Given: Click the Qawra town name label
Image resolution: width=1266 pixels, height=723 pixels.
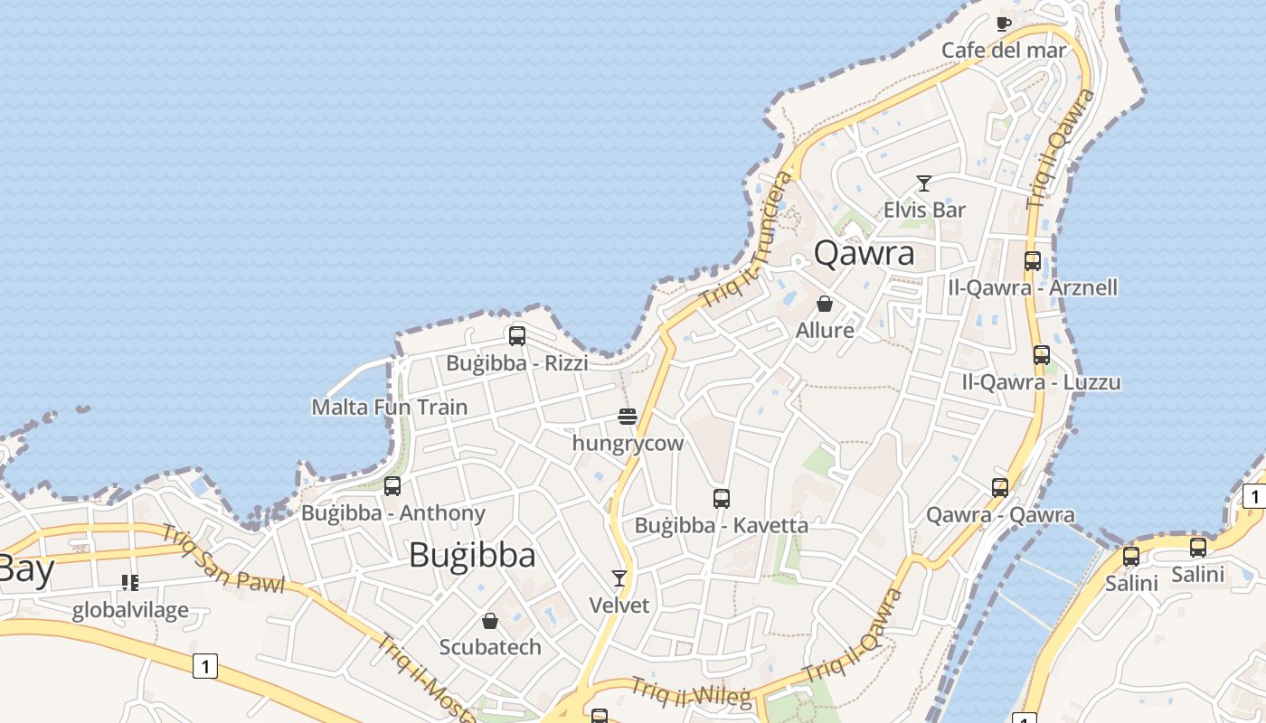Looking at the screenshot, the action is point(864,253).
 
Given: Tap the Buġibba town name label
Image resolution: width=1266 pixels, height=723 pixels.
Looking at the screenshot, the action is point(472,554).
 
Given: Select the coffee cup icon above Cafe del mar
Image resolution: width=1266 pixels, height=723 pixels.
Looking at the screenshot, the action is point(1003,23).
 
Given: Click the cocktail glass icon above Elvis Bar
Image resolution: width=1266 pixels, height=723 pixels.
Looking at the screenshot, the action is point(923,183).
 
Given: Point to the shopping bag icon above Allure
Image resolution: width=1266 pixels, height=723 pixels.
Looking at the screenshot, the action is point(824,304).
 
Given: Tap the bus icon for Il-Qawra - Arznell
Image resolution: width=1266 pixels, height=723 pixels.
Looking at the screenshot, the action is point(1032,261).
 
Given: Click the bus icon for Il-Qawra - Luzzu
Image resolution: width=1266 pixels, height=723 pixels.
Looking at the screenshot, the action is point(1041,355).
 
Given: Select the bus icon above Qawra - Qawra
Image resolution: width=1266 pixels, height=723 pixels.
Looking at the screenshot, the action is point(999,488).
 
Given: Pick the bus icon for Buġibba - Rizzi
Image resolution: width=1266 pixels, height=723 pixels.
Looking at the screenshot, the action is point(516,336).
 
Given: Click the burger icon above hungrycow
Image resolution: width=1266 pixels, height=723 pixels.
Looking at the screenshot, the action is point(628,417).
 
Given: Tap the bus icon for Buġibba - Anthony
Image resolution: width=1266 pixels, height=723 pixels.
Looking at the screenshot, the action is point(392,486).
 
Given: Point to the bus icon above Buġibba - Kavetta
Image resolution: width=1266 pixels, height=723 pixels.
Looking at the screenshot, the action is point(721,498).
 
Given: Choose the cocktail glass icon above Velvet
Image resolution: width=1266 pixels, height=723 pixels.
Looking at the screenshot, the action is point(619,577).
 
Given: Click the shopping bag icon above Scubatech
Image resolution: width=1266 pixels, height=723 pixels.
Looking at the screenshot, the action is point(489,621).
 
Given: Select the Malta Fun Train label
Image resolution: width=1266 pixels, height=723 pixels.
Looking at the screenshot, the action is point(389,407).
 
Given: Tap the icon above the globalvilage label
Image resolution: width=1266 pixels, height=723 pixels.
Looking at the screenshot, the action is point(130,583).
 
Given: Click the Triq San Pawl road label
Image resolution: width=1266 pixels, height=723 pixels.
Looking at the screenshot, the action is point(222,559).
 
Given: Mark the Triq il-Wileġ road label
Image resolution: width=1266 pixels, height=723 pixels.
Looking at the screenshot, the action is point(691,692).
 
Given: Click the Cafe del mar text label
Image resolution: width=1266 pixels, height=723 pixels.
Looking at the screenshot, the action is point(1004,50).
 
